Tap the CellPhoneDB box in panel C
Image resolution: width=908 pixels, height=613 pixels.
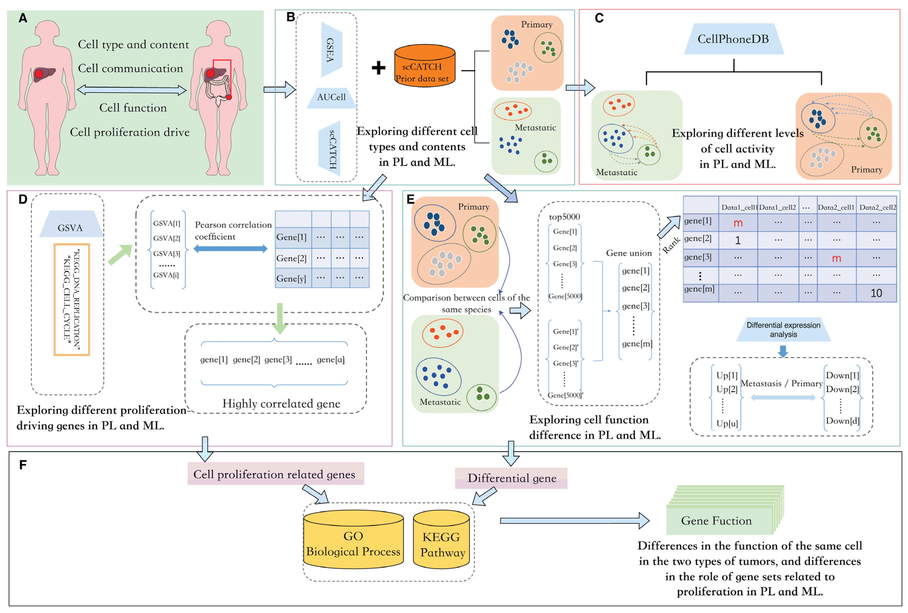tap(733, 39)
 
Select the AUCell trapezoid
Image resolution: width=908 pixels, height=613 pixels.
tap(331, 98)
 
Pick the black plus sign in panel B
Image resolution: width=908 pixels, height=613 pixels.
tap(378, 68)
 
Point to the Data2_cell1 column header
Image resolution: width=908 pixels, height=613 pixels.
tap(836, 207)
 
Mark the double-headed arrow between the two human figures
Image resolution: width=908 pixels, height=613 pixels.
tap(132, 90)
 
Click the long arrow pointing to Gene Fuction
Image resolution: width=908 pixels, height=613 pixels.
tap(574, 521)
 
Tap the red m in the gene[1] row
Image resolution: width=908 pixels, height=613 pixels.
tap(738, 223)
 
